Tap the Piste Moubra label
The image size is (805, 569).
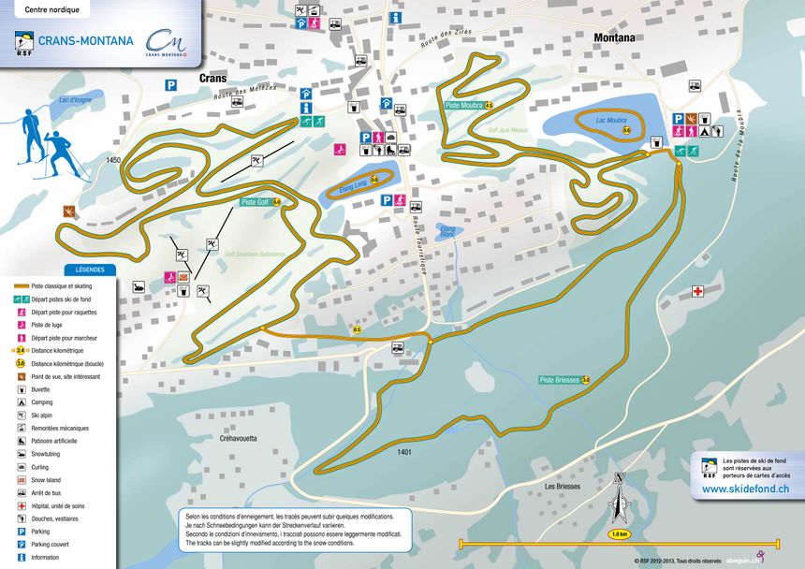click(x=464, y=106)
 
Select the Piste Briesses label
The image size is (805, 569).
click(x=559, y=379)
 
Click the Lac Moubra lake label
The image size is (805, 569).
click(x=610, y=121)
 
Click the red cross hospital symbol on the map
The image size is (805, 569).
click(x=697, y=292)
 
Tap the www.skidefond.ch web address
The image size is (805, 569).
click(x=745, y=489)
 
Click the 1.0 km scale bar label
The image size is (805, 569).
click(x=619, y=533)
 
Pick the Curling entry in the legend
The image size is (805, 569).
click(x=39, y=466)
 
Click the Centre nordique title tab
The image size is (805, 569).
click(x=52, y=10)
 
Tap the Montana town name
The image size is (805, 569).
click(x=615, y=38)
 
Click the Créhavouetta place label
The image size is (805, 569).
click(x=238, y=438)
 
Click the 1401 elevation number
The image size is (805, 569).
click(x=404, y=453)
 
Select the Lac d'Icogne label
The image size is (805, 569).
click(x=75, y=100)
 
